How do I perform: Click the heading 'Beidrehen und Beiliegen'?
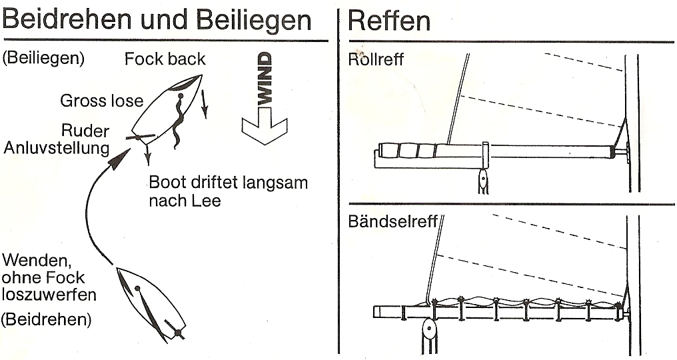(x=157, y=20)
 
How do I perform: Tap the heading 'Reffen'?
(x=389, y=20)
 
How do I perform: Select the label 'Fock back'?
(x=165, y=59)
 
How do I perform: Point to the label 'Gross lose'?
(x=101, y=101)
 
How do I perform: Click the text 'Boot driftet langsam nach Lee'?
(x=228, y=191)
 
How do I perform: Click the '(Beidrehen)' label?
(x=46, y=319)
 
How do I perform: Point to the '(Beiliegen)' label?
(x=43, y=59)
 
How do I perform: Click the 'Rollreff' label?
(x=376, y=59)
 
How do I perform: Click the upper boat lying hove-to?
(x=167, y=109)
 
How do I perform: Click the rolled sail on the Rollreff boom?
(x=408, y=151)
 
